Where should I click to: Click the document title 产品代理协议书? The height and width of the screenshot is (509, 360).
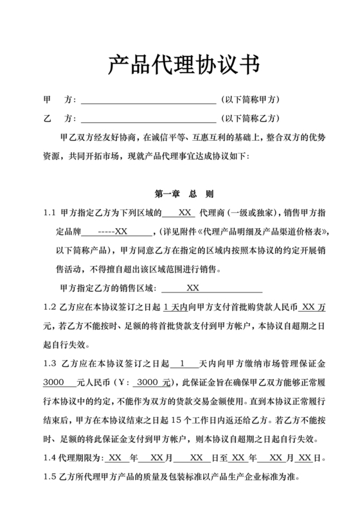(179, 65)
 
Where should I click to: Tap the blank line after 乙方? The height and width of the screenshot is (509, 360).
(147, 120)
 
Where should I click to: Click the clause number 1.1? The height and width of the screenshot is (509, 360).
(50, 213)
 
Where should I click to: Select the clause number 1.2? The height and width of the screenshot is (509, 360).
(50, 307)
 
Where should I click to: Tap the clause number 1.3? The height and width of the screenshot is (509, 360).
(50, 363)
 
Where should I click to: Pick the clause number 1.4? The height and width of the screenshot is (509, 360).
(50, 459)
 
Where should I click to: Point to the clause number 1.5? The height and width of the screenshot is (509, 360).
(50, 478)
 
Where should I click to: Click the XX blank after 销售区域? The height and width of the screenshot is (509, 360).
(193, 288)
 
